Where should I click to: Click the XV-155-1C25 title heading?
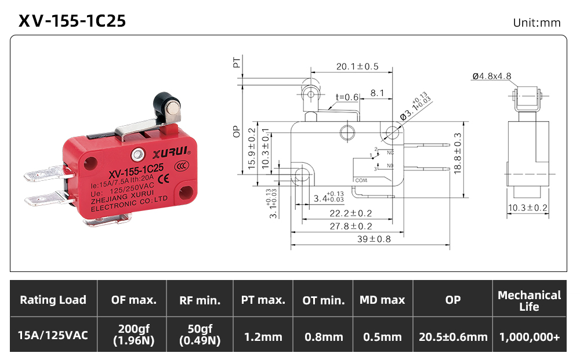72,21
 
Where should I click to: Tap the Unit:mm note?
536,23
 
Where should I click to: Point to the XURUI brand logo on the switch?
172,152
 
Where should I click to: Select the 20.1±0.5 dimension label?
357,67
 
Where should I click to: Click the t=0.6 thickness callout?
347,97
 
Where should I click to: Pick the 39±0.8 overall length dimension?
374,239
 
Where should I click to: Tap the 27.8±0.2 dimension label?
351,226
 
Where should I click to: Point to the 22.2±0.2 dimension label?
351,213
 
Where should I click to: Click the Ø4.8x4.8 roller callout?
492,76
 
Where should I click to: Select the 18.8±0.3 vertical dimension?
458,154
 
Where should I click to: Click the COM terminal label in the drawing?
361,180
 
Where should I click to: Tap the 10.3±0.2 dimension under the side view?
527,208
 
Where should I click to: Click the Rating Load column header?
53,300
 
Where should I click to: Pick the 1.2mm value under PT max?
263,337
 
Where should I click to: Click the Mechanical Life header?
530,300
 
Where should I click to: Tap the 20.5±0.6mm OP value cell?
453,337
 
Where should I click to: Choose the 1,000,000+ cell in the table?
530,337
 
